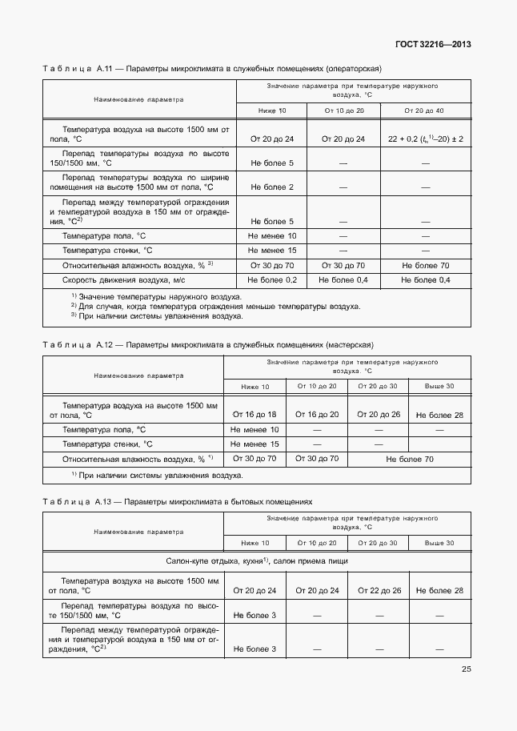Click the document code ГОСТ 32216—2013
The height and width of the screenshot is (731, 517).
pyautogui.click(x=432, y=45)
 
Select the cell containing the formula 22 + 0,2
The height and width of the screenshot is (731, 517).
pyautogui.click(x=426, y=139)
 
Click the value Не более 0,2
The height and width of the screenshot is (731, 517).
pyautogui.click(x=272, y=279)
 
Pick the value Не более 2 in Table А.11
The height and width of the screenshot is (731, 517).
pyautogui.click(x=272, y=187)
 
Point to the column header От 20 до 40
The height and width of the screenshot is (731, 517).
pyautogui.click(x=424, y=110)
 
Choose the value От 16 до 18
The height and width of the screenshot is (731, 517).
pyautogui.click(x=254, y=415)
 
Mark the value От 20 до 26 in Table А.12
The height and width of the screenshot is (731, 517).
pyautogui.click(x=378, y=415)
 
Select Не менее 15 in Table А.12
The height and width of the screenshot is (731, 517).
pyautogui.click(x=254, y=444)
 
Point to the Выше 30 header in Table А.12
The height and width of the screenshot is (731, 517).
pyautogui.click(x=439, y=387)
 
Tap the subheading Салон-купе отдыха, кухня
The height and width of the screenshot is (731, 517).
pyautogui.click(x=256, y=561)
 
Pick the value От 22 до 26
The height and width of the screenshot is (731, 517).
pyautogui.click(x=378, y=590)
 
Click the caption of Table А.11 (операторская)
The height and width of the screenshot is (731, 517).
pyautogui.click(x=212, y=69)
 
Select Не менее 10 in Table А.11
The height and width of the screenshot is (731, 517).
pyautogui.click(x=272, y=235)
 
